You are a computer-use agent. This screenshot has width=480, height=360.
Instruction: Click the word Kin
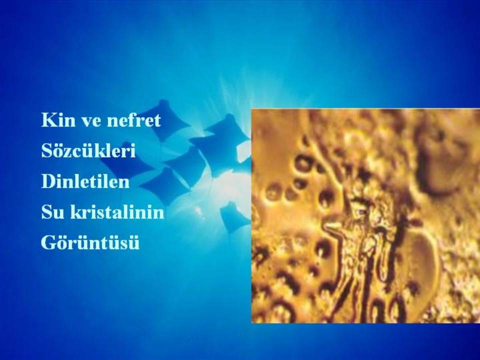(58, 119)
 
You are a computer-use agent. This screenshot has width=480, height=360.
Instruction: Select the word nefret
(133, 119)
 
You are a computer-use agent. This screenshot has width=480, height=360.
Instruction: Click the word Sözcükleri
(88, 150)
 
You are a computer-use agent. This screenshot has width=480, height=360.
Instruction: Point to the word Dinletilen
(85, 181)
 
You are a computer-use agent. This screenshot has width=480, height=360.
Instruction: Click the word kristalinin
(117, 212)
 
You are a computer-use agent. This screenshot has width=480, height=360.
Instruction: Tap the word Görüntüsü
(90, 242)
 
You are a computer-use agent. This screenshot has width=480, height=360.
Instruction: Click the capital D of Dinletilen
(48, 181)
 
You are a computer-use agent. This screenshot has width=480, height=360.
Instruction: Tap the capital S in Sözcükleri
(46, 150)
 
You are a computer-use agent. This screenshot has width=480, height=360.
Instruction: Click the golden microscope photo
(365, 216)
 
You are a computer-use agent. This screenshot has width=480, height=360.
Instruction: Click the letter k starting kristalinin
(76, 212)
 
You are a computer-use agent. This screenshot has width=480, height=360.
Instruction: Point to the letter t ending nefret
(156, 120)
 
